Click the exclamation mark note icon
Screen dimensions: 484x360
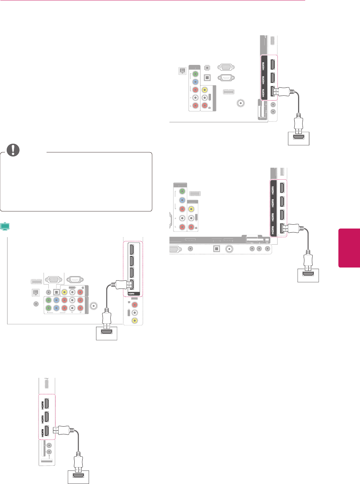[13, 150]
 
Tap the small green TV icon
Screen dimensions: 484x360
[5, 226]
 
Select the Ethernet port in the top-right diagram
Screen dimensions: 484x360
[182, 71]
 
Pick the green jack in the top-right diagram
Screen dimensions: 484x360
[195, 73]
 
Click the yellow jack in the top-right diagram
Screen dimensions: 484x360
[205, 90]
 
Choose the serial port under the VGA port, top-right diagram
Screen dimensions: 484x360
[226, 78]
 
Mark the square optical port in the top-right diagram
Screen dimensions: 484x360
[207, 78]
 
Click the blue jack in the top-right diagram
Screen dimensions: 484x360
[195, 81]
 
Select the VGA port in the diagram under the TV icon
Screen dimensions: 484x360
[53, 280]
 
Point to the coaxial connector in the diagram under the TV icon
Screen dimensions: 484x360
[93, 306]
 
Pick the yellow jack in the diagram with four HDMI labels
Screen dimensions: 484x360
[191, 209]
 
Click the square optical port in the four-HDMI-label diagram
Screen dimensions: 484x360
[216, 248]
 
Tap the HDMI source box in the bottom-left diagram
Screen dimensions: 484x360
[78, 477]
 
